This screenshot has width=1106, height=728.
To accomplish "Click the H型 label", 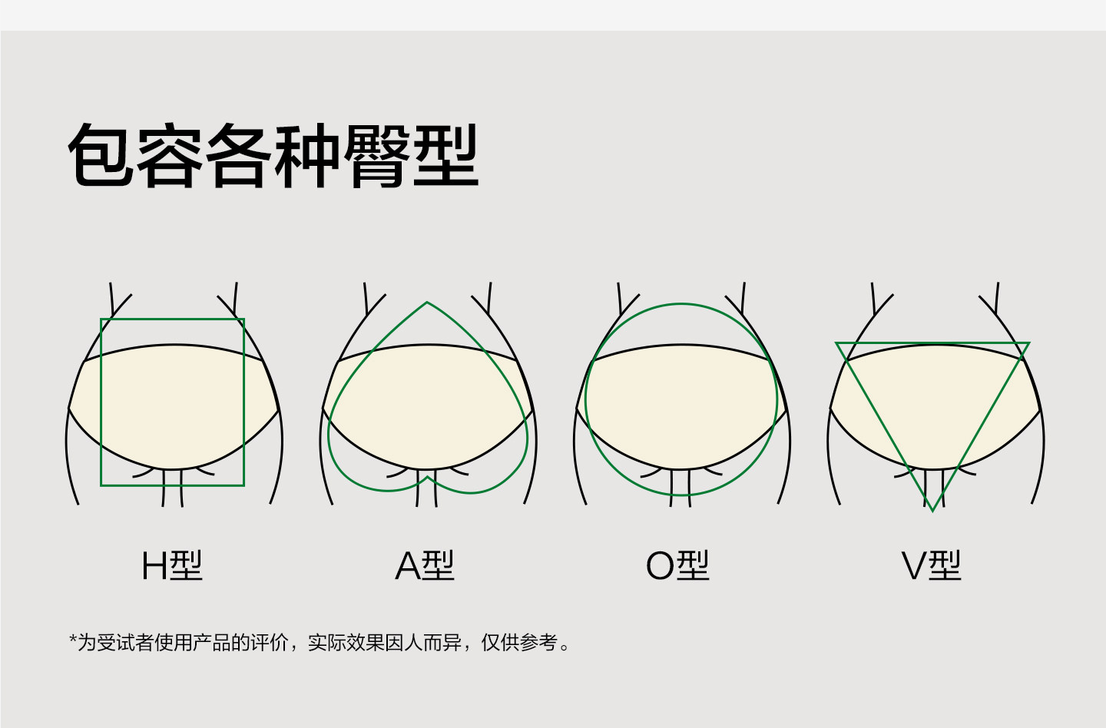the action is pos(172,565).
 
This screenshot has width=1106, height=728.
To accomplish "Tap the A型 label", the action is pos(425,565).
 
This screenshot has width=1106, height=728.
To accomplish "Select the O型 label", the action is pos(677,565).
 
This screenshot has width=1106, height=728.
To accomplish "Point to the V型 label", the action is pos(931,565).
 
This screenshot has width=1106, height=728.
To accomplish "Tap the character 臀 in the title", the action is pos(376,155).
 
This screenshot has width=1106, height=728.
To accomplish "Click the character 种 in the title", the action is pos(307,155).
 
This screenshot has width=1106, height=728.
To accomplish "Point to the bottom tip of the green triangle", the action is pos(932,511).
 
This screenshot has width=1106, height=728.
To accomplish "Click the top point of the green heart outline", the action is pos(426,303).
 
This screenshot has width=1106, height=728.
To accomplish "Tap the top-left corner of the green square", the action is pos(101,319).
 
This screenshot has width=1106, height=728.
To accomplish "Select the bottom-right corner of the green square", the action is pos(244,485).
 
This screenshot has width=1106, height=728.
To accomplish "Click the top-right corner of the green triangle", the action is pos(1029,343).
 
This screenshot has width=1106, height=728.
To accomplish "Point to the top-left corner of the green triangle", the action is pos(836,343).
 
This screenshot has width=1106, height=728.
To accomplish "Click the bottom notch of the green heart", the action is pos(427,478).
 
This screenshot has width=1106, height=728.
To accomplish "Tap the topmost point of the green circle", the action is pos(681,304).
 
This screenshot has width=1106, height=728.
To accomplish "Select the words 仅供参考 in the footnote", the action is pos(519,643).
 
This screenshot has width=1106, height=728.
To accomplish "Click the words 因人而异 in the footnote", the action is pos(423,643).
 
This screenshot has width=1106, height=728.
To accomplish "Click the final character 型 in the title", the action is pos(445,155).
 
